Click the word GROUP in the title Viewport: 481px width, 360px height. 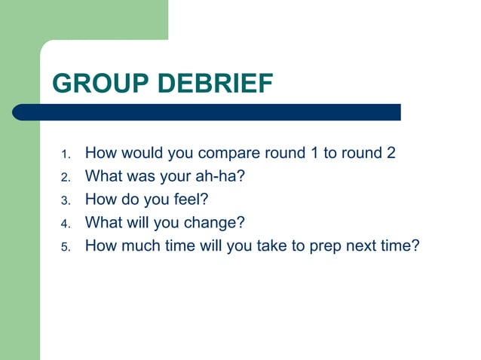(x=98, y=84)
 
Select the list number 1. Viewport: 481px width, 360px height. (x=65, y=155)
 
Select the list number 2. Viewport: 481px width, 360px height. (x=65, y=178)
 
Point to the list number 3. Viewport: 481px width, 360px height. (x=65, y=201)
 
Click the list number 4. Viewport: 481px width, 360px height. (x=65, y=224)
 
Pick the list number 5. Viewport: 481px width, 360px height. (x=65, y=246)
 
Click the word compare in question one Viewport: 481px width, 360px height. (x=229, y=154)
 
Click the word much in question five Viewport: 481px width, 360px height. (x=140, y=245)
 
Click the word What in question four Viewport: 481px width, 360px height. (x=102, y=222)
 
